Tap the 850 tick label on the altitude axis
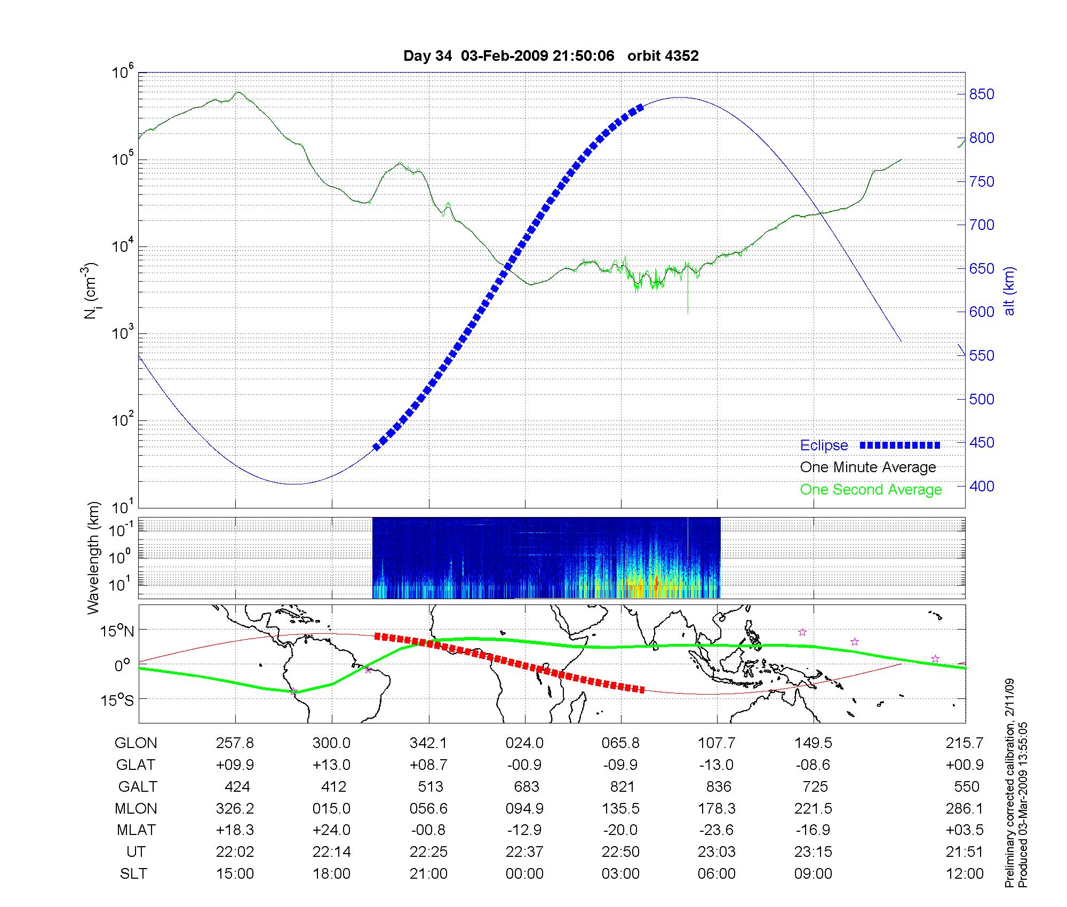click(x=982, y=94)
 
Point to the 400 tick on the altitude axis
click(x=982, y=486)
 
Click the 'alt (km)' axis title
click(x=1009, y=291)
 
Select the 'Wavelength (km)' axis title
click(x=93, y=558)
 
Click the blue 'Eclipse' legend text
click(x=824, y=445)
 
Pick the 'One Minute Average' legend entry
click(x=868, y=467)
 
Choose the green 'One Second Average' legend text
click(x=871, y=490)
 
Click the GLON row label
click(x=136, y=743)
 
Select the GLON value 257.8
click(x=235, y=743)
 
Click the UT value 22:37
click(x=524, y=852)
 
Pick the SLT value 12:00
click(x=966, y=874)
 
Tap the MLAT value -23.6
click(x=716, y=830)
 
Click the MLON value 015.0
click(x=331, y=809)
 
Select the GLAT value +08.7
click(x=428, y=765)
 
